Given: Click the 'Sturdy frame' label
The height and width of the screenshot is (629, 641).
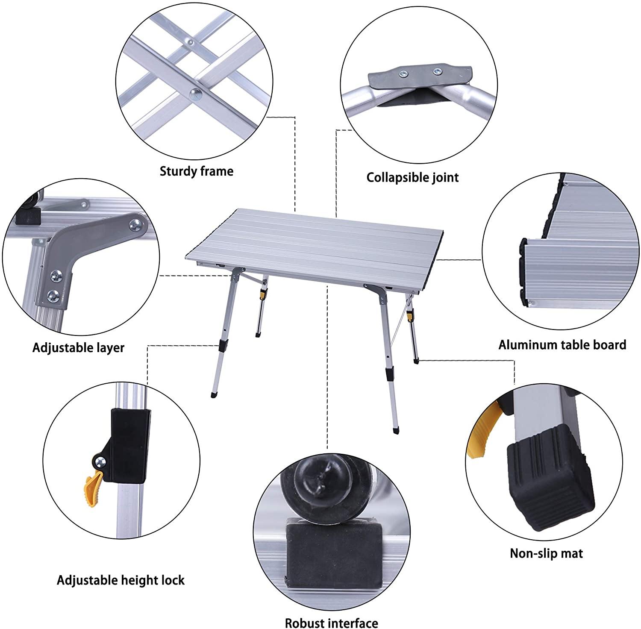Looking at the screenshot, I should tap(197, 171).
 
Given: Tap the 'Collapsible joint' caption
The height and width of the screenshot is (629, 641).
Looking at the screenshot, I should tap(412, 177).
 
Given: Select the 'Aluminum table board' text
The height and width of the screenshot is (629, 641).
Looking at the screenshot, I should tap(562, 344).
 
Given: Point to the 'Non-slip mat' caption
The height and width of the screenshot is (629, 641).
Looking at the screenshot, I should tap(546, 553).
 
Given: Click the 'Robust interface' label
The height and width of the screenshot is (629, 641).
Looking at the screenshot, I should tap(331, 623).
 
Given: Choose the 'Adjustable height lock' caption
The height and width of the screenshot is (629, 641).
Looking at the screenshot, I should tap(121, 580).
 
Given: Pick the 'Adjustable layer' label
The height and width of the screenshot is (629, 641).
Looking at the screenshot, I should tap(78, 347).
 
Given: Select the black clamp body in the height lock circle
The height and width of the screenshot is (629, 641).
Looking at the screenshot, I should tap(130, 444).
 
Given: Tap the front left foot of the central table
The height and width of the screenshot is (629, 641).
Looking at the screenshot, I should tap(213, 395).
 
